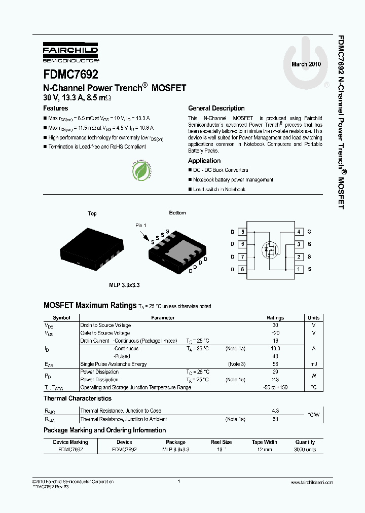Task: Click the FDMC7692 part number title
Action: click(x=71, y=74)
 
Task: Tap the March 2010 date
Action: click(x=306, y=64)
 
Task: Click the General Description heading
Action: click(x=216, y=108)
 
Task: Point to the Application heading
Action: click(x=204, y=161)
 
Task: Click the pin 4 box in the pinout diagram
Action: click(x=300, y=232)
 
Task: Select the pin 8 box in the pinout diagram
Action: click(x=243, y=269)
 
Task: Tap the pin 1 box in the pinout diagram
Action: click(x=300, y=269)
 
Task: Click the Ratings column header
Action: click(x=275, y=318)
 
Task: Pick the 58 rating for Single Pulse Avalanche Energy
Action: click(x=275, y=364)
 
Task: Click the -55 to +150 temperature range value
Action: click(x=275, y=387)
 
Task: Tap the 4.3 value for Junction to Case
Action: click(x=275, y=411)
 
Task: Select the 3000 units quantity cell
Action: click(x=305, y=450)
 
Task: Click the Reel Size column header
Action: click(x=222, y=442)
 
